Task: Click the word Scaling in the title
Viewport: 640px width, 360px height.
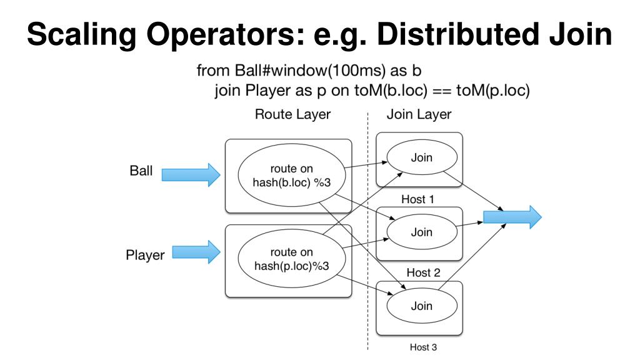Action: [x=82, y=35]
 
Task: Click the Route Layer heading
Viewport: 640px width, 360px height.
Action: [x=292, y=114]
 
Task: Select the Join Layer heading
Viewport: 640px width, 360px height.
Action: [x=419, y=114]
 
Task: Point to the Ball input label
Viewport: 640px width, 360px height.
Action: [x=141, y=170]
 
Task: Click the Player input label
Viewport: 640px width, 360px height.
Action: [x=145, y=255]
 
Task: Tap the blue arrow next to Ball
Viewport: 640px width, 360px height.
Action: [x=191, y=175]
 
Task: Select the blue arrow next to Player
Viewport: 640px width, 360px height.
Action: [x=196, y=252]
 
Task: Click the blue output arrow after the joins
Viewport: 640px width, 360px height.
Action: [x=512, y=217]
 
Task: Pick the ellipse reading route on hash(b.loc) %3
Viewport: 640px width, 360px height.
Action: [x=292, y=176]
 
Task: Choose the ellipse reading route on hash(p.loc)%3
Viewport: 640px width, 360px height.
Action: [x=292, y=259]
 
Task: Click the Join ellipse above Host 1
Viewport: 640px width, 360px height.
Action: [x=422, y=157]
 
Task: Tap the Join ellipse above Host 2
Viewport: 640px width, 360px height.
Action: [x=422, y=232]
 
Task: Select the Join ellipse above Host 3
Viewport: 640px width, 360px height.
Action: [x=422, y=306]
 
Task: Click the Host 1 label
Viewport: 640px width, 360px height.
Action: [x=417, y=199]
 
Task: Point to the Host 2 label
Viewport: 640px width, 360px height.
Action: [x=423, y=272]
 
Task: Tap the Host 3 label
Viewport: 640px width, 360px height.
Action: [x=423, y=347]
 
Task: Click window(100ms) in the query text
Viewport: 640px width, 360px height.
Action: [x=329, y=71]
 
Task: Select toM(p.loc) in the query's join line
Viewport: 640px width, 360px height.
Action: [x=492, y=91]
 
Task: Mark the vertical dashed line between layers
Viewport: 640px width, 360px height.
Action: [x=367, y=231]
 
